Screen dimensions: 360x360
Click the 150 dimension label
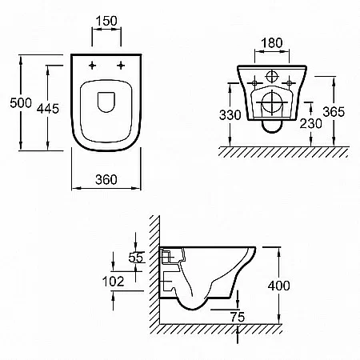click(106, 21)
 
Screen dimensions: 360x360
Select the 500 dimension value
click(21, 102)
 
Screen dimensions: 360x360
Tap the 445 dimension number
click(48, 109)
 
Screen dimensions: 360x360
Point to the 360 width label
click(106, 179)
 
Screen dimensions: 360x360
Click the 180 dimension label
click(271, 43)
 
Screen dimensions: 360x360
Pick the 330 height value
click(230, 115)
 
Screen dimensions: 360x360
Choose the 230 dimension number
click(310, 123)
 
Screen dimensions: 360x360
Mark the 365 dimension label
click(334, 112)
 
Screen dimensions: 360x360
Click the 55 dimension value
click(136, 258)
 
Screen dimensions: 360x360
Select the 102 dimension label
click(113, 282)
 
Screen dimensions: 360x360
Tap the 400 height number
click(278, 286)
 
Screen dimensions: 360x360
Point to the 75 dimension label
click(238, 317)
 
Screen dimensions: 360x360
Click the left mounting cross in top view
click(92, 65)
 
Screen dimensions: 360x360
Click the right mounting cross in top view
click(121, 65)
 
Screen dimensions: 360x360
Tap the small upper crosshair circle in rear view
click(272, 77)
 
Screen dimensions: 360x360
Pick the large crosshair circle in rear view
click(272, 102)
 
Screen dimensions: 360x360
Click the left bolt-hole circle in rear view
click(254, 83)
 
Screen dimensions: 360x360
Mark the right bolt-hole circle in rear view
click(289, 83)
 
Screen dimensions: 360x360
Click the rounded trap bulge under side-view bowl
click(193, 309)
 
